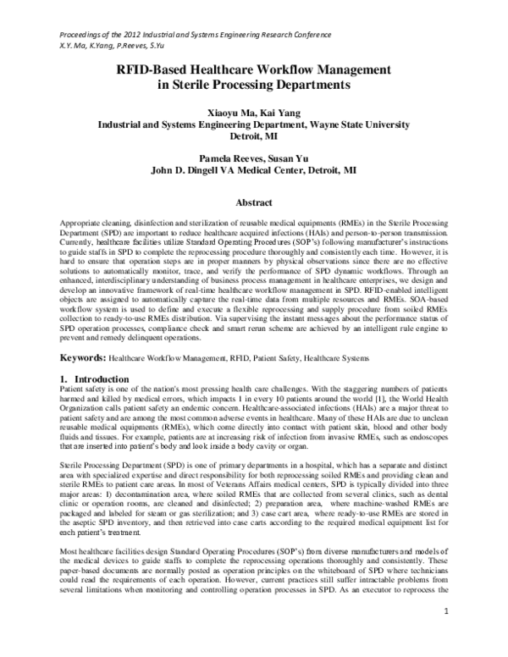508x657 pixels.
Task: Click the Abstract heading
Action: (x=253, y=204)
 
